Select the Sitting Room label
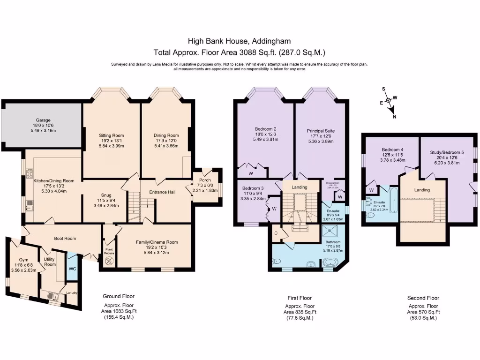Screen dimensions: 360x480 pos(111,135)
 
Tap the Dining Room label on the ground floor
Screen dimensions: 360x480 pos(167,135)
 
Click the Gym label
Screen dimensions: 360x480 pos(23,260)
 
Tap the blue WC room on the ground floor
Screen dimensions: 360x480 pos(73,269)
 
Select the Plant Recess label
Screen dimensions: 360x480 pos(109,252)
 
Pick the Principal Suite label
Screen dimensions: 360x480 pos(321,131)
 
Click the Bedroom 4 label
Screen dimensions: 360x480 pos(390,150)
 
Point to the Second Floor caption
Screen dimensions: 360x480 pos(423,298)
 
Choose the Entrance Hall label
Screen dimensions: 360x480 pos(162,192)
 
